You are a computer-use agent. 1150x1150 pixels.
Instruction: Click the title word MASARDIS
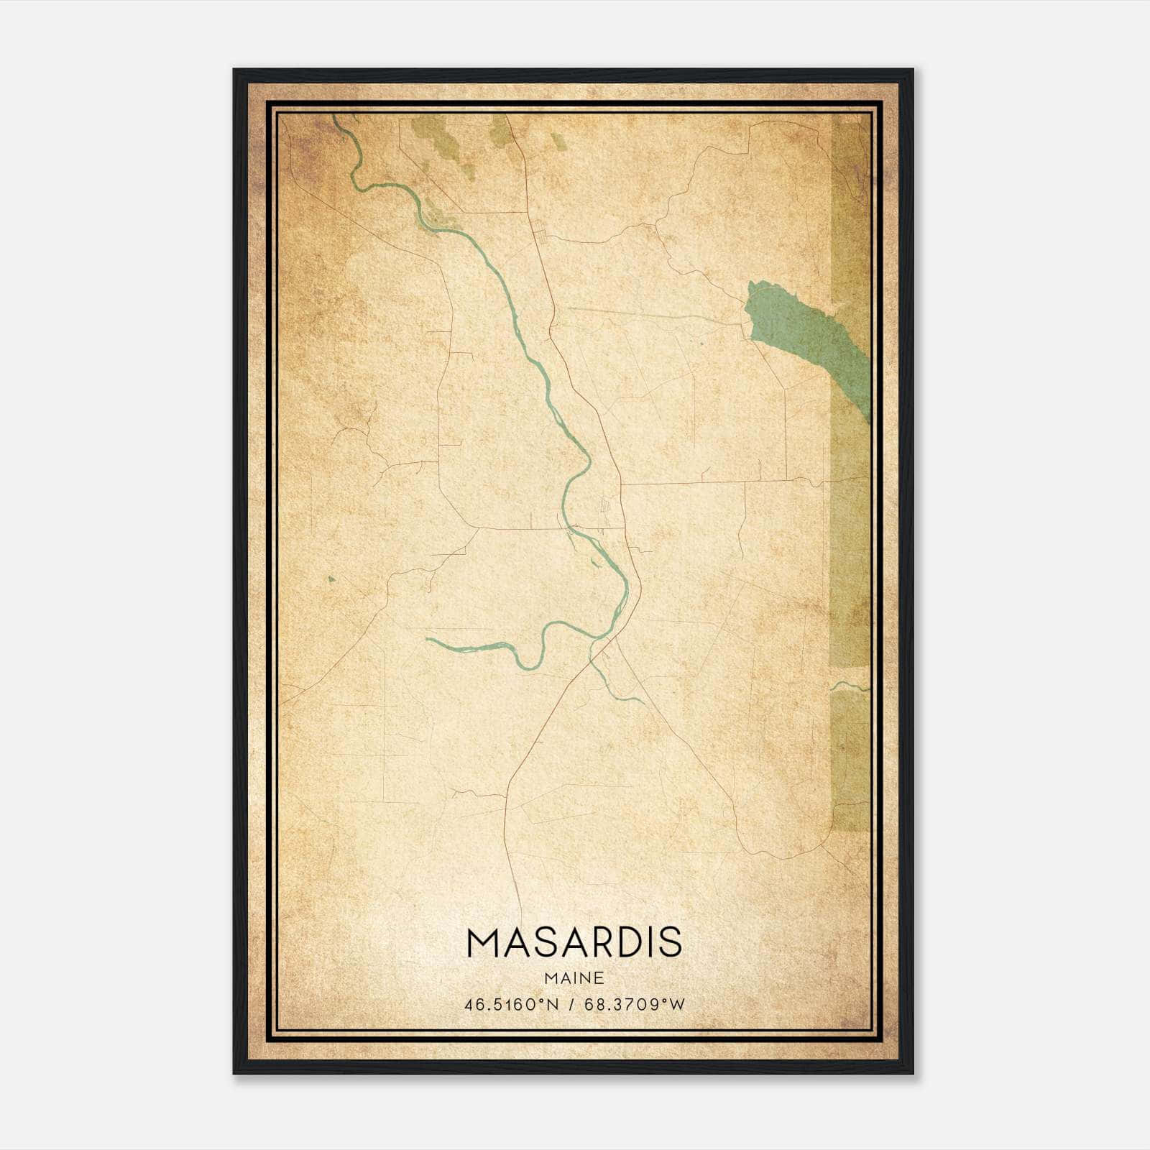pyautogui.click(x=574, y=943)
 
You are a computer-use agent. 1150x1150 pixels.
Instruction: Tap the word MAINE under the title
pyautogui.click(x=574, y=978)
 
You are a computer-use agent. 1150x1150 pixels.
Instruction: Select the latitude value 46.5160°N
pyautogui.click(x=511, y=1005)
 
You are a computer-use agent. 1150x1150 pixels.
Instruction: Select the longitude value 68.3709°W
pyautogui.click(x=635, y=1005)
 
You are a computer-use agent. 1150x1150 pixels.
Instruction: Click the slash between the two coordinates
pyautogui.click(x=572, y=1005)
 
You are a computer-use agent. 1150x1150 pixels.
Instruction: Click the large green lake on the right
pyautogui.click(x=798, y=338)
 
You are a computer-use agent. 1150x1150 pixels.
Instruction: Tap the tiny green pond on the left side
pyautogui.click(x=331, y=579)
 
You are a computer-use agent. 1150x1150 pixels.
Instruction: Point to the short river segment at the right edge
pyautogui.click(x=850, y=686)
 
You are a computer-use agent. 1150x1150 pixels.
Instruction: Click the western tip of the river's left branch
pyautogui.click(x=429, y=638)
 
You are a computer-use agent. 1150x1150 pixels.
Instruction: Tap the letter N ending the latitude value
pyautogui.click(x=553, y=1005)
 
